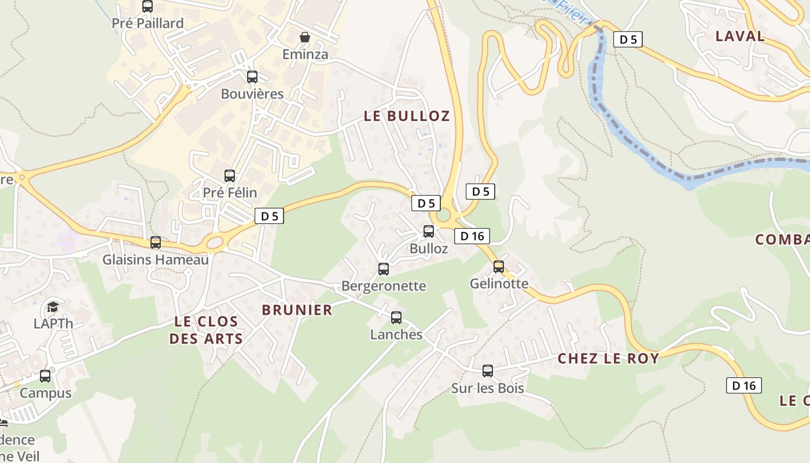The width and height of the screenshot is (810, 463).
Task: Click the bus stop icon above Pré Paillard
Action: (x=148, y=6)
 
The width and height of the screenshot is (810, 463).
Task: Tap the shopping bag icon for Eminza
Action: (x=304, y=38)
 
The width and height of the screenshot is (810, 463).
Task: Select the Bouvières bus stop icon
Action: (x=252, y=77)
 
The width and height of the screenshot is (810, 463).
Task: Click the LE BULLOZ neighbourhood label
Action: (x=406, y=116)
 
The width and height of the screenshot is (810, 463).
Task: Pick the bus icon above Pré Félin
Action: (x=230, y=176)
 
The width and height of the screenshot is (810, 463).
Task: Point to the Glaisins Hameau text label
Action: (x=155, y=260)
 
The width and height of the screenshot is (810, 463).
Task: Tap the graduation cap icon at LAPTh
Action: (x=53, y=307)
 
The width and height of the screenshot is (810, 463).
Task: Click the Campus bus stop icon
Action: (x=45, y=376)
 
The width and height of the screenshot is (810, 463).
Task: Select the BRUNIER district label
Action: (x=297, y=310)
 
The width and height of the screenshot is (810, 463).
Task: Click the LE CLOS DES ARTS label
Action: (x=205, y=330)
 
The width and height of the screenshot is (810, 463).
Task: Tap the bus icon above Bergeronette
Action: (x=384, y=269)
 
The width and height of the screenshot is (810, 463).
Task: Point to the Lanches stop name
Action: (x=396, y=335)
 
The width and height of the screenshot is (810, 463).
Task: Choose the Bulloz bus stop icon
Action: (x=429, y=231)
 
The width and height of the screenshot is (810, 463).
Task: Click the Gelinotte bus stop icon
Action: (x=499, y=267)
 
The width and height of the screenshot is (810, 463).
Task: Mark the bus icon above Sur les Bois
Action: (x=488, y=371)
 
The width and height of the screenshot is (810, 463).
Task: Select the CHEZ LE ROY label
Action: (x=608, y=358)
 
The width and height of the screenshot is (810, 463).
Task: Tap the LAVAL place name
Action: (x=739, y=36)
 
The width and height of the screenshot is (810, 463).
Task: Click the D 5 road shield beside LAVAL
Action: (x=628, y=39)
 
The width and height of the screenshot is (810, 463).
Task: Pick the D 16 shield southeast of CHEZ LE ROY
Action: (x=743, y=385)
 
